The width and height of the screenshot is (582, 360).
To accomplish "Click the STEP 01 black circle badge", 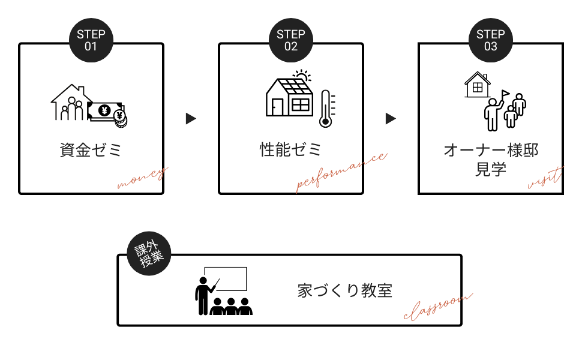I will point(91,40).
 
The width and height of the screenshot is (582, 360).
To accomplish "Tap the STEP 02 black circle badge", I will point(291,40).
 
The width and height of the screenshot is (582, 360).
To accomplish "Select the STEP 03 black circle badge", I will point(491,40).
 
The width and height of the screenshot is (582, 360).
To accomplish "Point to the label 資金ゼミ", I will point(91,150).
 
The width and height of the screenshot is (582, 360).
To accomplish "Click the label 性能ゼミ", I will point(291,149).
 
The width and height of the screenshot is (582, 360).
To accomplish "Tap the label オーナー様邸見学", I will point(491,159).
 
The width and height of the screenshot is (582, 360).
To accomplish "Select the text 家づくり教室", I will point(345,291).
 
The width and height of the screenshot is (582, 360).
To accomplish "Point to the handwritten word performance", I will point(341,173).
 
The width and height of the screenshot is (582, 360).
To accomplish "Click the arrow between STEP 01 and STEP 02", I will point(191,119).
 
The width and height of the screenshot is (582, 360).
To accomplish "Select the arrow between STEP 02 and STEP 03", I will point(391,119).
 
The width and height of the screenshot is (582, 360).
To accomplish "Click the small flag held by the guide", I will point(505,94).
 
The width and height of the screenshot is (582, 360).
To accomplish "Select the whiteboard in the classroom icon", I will point(226,280).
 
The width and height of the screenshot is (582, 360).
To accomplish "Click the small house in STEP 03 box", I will point(478,85).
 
